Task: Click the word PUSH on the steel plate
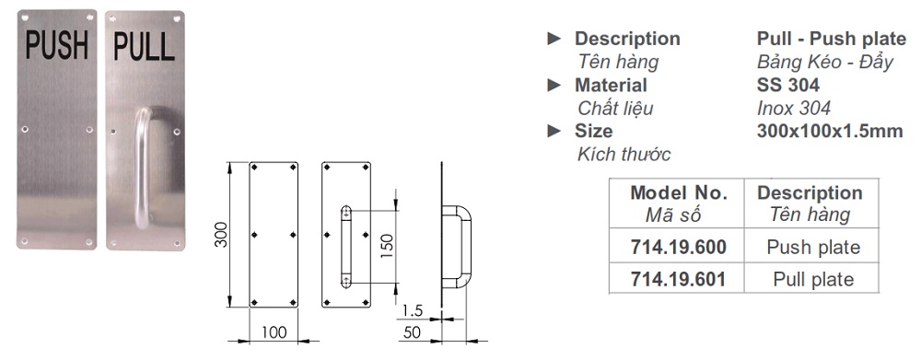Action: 57,46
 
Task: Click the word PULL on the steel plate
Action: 144,47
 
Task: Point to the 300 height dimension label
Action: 220,235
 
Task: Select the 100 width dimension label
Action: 274,332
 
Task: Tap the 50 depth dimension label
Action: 413,332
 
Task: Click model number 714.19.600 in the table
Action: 679,248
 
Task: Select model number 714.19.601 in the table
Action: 678,279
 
